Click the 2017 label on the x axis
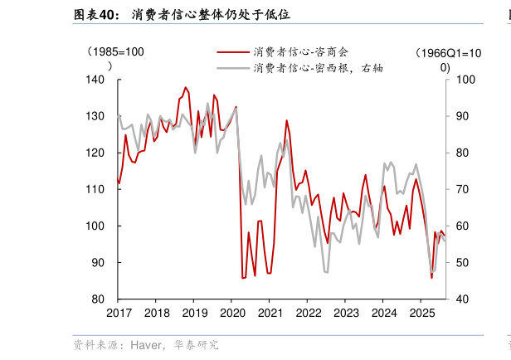coord(119,313)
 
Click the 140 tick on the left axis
coord(98,80)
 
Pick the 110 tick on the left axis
coord(98,189)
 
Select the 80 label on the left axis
coord(101,299)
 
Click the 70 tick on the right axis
coord(462,189)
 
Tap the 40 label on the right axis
coord(462,299)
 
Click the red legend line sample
coord(234,52)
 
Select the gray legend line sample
coord(234,68)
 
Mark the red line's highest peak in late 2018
coord(185,87)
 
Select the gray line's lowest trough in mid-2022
coord(326,272)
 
